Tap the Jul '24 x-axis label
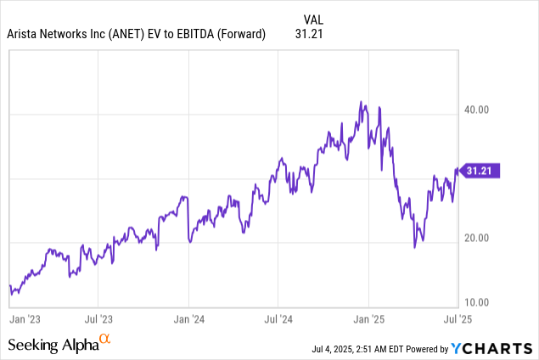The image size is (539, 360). pos(279,320)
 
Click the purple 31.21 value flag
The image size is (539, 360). pos(480,171)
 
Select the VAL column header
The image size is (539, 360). pos(313,19)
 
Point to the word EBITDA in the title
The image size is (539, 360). pos(199,35)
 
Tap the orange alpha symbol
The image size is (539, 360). pos(105,340)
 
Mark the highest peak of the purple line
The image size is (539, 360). pos(362,102)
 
